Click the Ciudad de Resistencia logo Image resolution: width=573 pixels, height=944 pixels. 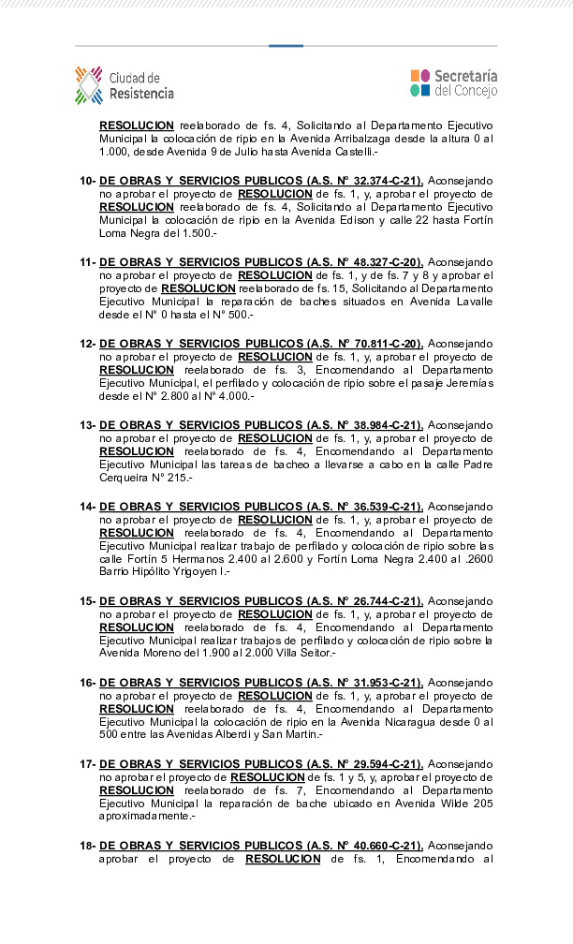coord(125,85)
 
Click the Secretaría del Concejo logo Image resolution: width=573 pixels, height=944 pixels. coord(453,82)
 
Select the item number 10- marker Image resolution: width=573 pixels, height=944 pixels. coord(87,180)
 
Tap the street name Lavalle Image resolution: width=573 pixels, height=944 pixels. coord(472,302)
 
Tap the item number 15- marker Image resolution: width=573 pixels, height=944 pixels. coord(87,601)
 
